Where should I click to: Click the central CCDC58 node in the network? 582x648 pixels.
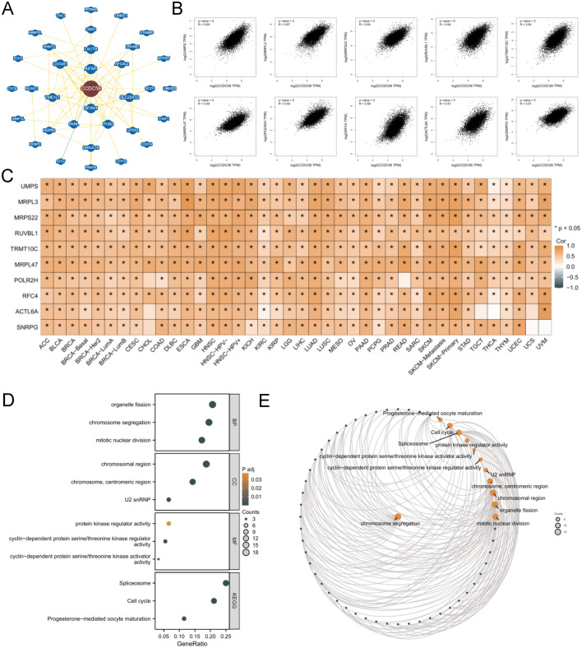click(90, 85)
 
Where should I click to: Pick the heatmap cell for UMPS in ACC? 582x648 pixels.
click(50, 187)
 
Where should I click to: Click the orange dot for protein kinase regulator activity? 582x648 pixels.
click(169, 522)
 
